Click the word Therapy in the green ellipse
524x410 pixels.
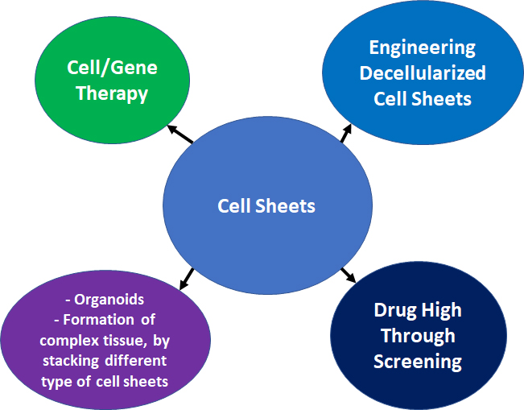coord(112,93)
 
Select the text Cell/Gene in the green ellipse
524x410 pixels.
coord(112,68)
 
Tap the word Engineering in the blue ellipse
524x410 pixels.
coord(423,47)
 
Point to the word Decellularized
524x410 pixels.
coord(423,73)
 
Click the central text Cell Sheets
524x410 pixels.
coord(266,206)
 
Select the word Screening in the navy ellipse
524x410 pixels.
coord(418,361)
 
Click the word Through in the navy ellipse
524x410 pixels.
coord(418,336)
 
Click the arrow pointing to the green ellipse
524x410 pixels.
coord(179,134)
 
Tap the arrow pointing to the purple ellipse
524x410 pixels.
coord(185,278)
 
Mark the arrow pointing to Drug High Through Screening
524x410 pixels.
coord(349,275)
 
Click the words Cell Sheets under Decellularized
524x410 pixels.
coord(423,99)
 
